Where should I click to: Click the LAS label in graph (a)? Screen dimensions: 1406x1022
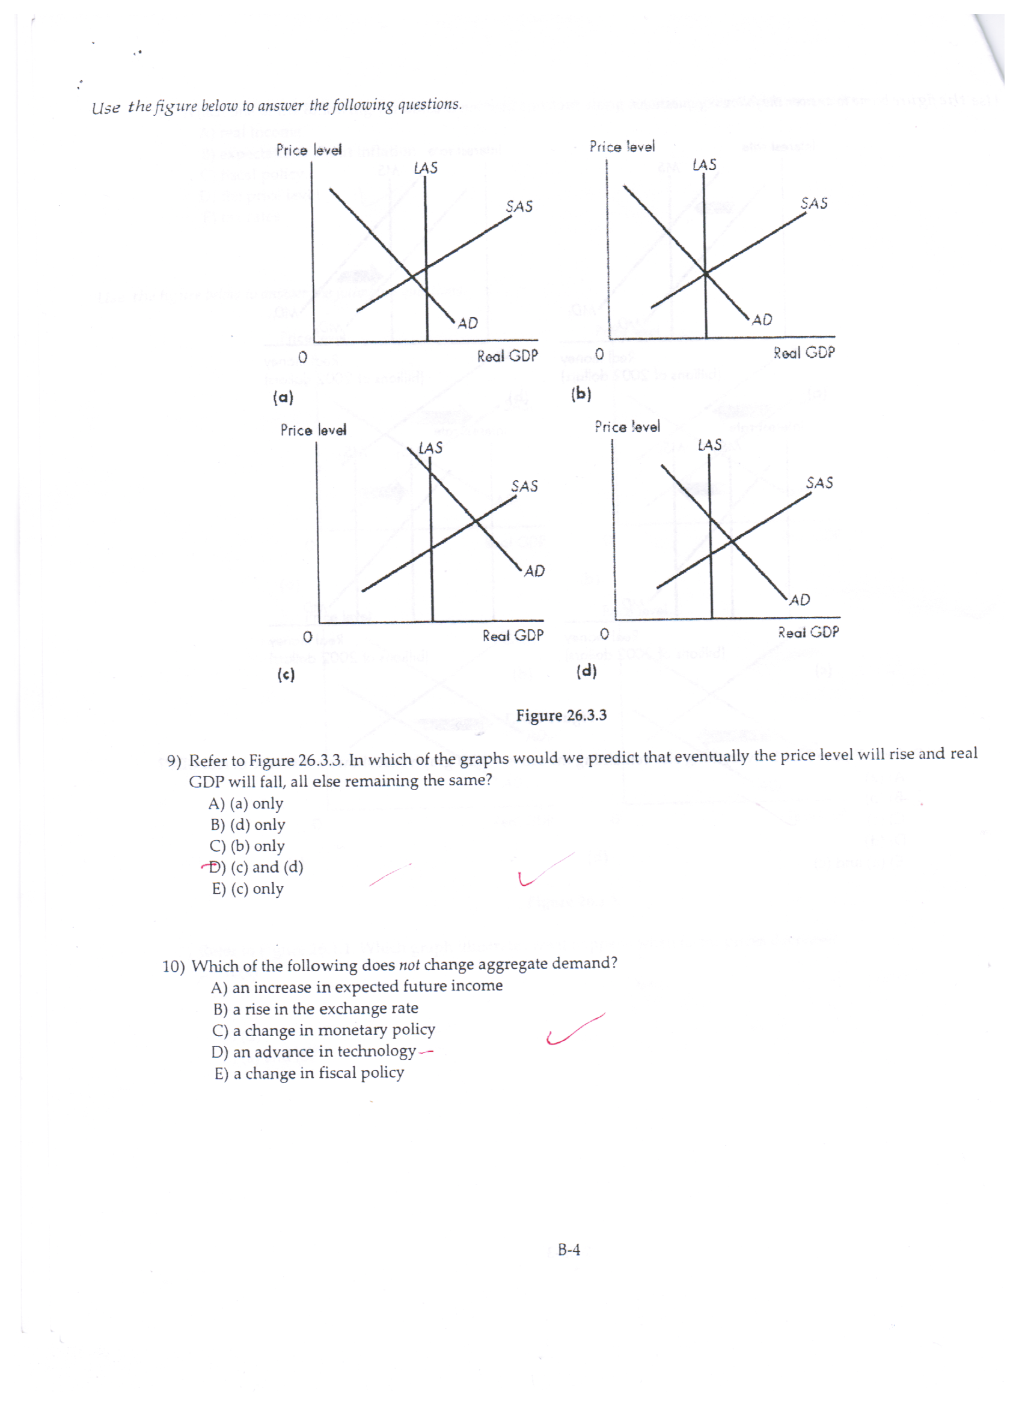click(426, 168)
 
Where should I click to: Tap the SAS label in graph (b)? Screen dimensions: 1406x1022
click(814, 203)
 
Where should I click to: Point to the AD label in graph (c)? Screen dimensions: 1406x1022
click(534, 571)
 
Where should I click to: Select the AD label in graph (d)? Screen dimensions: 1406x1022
click(800, 600)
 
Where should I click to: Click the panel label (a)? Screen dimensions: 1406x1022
click(283, 398)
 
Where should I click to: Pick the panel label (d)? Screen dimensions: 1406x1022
click(586, 671)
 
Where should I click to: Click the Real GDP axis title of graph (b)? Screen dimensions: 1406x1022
click(804, 353)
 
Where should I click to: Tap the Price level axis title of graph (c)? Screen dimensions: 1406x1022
click(313, 430)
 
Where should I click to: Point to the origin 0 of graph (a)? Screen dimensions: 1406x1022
click(302, 357)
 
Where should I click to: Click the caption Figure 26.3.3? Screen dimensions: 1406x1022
click(561, 716)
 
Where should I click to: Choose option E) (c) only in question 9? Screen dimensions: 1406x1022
click(248, 888)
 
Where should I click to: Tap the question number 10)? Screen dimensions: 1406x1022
click(173, 966)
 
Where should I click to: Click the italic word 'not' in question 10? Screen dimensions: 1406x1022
click(409, 965)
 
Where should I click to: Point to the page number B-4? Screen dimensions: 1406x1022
click(569, 1250)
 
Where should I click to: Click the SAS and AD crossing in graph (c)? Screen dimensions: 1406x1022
click(476, 522)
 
